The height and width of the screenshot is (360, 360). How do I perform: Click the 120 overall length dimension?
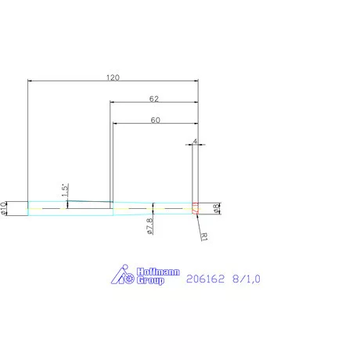(113, 77)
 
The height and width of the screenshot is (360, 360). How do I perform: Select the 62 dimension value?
(153, 99)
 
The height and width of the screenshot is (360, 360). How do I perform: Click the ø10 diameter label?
(5, 207)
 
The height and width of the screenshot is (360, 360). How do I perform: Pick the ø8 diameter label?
(217, 207)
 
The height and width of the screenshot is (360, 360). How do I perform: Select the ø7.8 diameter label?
(149, 226)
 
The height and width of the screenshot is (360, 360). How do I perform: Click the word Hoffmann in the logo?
(158, 272)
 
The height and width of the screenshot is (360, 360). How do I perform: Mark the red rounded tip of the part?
(195, 207)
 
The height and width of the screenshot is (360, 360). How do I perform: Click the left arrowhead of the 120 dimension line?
(31, 81)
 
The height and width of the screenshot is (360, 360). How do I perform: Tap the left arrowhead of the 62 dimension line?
(112, 103)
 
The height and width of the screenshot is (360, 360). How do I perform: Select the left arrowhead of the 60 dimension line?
(115, 124)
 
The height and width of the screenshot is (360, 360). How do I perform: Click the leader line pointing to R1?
(197, 222)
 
